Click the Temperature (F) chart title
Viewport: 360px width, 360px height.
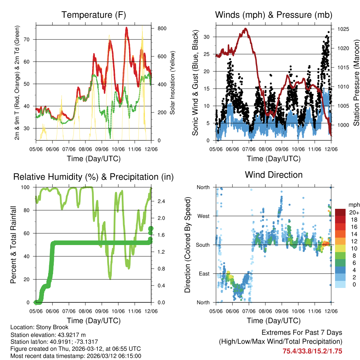click(x=94, y=15)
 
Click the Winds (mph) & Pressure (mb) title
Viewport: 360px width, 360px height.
click(x=274, y=15)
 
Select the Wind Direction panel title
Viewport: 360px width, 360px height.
click(x=274, y=174)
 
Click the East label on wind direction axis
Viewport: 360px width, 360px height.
click(x=204, y=274)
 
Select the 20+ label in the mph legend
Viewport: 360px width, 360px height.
click(x=354, y=212)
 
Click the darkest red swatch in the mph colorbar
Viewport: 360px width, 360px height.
click(x=340, y=212)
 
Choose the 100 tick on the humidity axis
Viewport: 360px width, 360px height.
click(x=28, y=187)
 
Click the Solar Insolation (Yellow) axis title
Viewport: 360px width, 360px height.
click(x=172, y=83)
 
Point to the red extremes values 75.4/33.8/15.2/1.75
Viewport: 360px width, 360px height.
click(x=312, y=351)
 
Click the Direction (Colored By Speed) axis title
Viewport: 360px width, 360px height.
click(x=187, y=245)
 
